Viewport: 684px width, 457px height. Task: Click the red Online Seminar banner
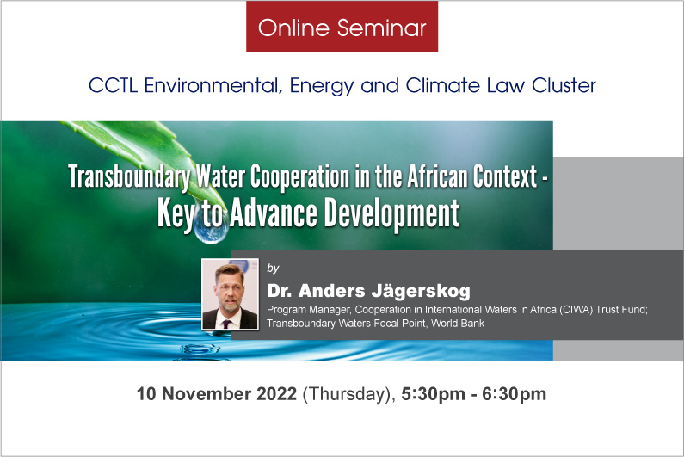(x=342, y=27)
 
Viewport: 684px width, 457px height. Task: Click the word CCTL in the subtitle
(x=113, y=85)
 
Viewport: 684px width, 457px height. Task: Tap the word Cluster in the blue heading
(x=564, y=85)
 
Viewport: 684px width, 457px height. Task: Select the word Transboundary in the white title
(x=130, y=176)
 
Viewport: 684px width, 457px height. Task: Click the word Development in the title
(x=391, y=213)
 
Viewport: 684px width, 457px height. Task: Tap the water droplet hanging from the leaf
(x=211, y=227)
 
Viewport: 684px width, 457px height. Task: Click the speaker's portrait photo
(x=230, y=294)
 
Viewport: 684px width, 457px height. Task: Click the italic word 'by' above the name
(x=273, y=268)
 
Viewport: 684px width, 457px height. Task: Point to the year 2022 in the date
(x=276, y=393)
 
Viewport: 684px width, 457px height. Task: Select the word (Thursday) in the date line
(x=348, y=394)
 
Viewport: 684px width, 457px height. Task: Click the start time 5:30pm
(x=433, y=394)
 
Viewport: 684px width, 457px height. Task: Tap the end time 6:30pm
(x=514, y=394)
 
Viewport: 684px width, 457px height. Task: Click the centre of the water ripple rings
(x=199, y=330)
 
